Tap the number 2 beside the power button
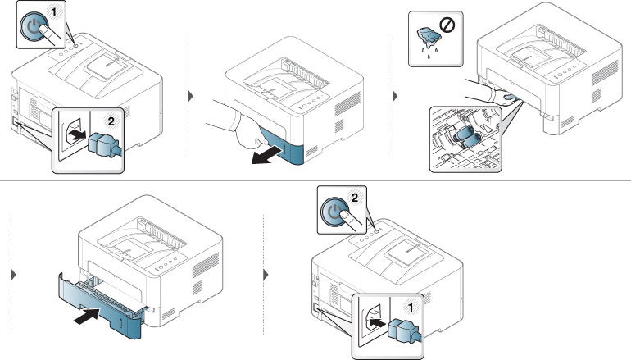pyautogui.click(x=355, y=197)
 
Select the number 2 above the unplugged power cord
pyautogui.click(x=111, y=121)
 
